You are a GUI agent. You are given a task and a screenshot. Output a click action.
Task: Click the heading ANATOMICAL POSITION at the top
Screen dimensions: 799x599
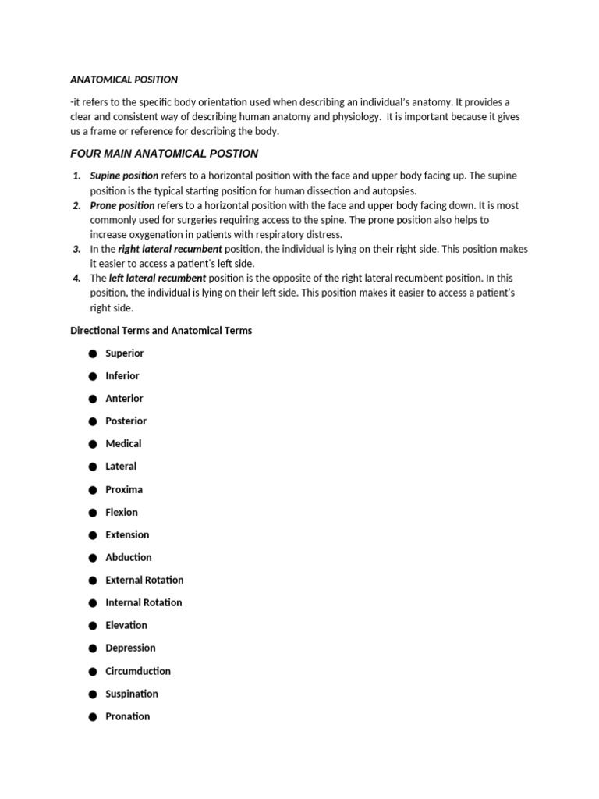tap(124, 80)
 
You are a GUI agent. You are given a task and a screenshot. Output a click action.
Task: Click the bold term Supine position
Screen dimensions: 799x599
tap(124, 176)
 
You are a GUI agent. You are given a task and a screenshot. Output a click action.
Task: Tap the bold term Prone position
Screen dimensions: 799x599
tap(122, 205)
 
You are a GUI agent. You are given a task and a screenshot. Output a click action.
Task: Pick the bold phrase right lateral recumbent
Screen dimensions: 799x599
tap(170, 249)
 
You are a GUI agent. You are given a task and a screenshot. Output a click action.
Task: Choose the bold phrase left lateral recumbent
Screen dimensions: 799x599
tap(158, 278)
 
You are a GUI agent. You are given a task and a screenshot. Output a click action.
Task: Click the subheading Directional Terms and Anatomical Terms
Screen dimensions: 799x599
tap(161, 330)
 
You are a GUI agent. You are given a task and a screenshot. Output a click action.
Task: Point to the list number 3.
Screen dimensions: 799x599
tap(76, 249)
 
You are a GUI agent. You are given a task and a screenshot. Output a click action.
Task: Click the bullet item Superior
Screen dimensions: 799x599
tap(125, 353)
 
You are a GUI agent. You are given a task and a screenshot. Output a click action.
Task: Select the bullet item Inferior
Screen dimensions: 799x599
tap(122, 375)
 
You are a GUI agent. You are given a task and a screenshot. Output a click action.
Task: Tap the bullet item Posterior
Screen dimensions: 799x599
tap(126, 421)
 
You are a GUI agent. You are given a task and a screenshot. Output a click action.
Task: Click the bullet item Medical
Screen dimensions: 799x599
tap(123, 443)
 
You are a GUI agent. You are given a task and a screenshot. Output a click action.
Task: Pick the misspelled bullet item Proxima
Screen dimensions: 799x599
tap(124, 489)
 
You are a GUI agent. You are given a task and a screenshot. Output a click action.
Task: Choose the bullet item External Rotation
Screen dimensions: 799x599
tap(144, 580)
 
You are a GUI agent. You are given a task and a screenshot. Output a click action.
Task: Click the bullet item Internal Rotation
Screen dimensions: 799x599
tap(144, 602)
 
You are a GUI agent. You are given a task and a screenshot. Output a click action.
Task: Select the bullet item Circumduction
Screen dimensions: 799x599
tap(138, 671)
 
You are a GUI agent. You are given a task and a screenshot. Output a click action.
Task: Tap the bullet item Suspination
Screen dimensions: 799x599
tap(132, 694)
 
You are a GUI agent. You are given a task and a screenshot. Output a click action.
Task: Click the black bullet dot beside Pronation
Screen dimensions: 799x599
tap(91, 717)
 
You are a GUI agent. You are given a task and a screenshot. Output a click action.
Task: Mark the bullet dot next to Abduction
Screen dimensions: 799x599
tap(91, 558)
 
